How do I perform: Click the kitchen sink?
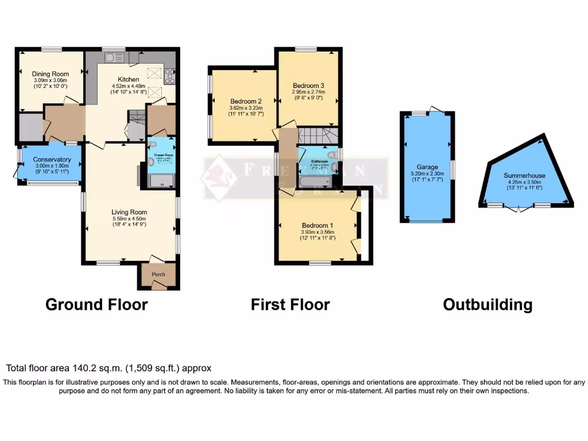point(110,57)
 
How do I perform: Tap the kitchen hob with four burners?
point(170,76)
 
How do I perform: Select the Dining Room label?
point(51,74)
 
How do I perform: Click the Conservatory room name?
point(52,160)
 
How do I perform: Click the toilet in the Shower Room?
point(151,163)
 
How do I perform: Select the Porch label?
point(158,274)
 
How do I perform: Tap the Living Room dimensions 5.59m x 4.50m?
point(129,219)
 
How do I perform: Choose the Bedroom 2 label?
point(246,101)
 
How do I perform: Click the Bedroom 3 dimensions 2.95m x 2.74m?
point(308,92)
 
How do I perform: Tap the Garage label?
point(428,167)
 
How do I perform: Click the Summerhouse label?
point(524,176)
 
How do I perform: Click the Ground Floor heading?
point(96,304)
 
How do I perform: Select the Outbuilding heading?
point(488,304)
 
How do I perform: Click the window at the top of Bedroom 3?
point(306,49)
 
